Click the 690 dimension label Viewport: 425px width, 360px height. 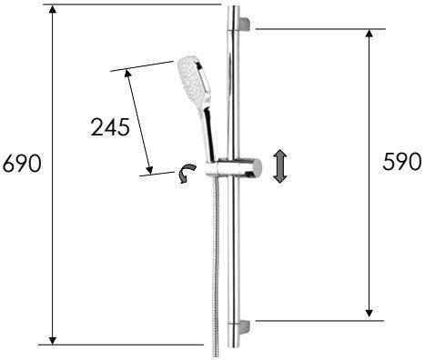point(22,164)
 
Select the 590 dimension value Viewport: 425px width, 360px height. point(401,162)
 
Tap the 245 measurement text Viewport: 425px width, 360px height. point(110,127)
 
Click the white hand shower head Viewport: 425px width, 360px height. point(194,75)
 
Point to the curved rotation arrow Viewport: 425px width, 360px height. point(187,173)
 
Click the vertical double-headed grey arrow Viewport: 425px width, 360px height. point(279,166)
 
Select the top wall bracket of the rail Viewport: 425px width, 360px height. point(245,25)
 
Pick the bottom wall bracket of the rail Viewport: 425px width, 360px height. point(245,327)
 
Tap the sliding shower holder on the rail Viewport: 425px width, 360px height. point(233,168)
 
